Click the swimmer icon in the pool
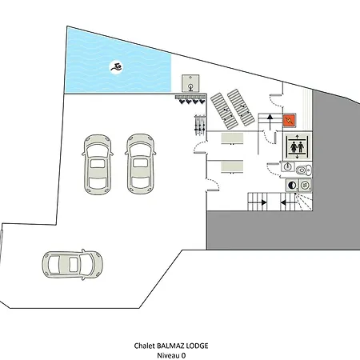(x=117, y=67)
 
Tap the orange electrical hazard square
(x=290, y=120)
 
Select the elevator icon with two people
(x=298, y=147)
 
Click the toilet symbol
(x=303, y=170)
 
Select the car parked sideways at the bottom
(x=72, y=265)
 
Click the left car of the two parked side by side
(x=98, y=164)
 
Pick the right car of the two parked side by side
(x=140, y=164)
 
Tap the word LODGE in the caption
(x=197, y=346)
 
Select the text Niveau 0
(x=171, y=355)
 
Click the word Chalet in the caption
(x=144, y=346)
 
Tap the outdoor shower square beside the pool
(x=190, y=83)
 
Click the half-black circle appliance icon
(x=292, y=185)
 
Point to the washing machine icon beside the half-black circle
(x=305, y=185)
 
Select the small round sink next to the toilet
(x=287, y=167)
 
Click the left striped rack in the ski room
(x=224, y=111)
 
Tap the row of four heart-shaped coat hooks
(x=192, y=102)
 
